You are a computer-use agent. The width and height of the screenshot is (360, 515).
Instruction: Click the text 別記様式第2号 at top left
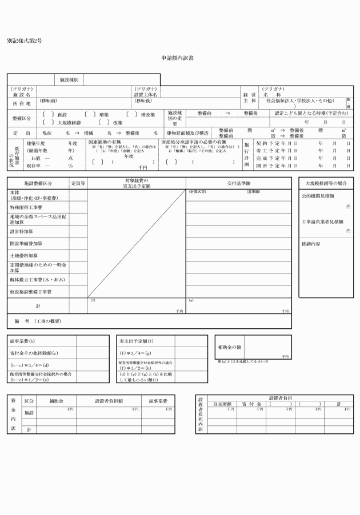click(25, 42)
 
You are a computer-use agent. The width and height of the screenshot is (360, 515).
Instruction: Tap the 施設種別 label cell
click(69, 80)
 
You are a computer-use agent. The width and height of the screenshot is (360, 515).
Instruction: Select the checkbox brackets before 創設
click(49, 114)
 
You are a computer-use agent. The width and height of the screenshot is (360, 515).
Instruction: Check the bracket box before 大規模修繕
click(49, 122)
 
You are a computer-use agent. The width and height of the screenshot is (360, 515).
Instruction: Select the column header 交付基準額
click(238, 183)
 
